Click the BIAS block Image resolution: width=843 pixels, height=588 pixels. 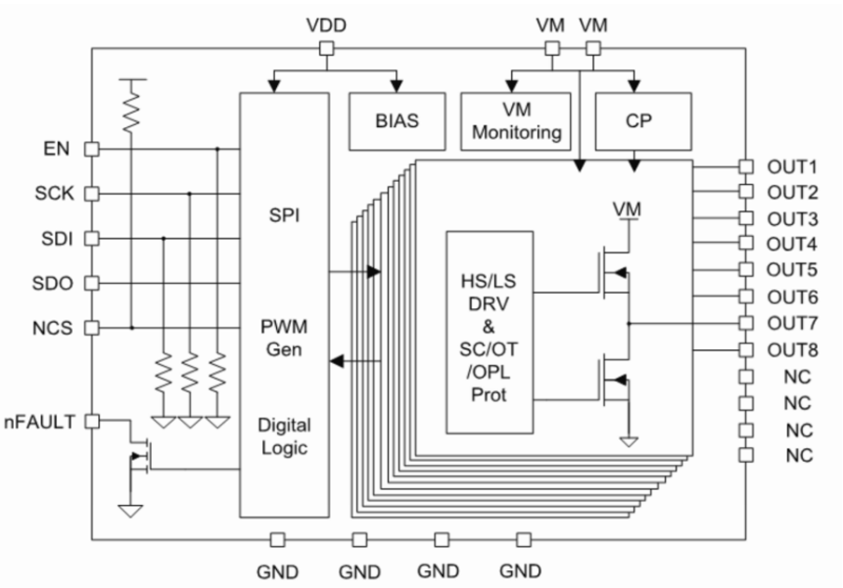point(396,121)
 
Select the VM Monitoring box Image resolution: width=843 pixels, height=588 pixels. point(517,121)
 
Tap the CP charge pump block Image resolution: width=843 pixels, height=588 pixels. point(643,121)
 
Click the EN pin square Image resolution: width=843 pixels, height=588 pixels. point(91,148)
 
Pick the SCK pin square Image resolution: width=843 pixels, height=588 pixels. point(91,193)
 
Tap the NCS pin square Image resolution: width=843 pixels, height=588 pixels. point(91,328)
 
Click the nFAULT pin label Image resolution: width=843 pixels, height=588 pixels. point(40,421)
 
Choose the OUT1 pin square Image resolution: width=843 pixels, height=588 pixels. point(745,167)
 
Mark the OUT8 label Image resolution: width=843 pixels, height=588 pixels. point(792,351)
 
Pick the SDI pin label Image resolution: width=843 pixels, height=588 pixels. point(55,238)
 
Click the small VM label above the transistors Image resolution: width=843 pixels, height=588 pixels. point(627,209)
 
